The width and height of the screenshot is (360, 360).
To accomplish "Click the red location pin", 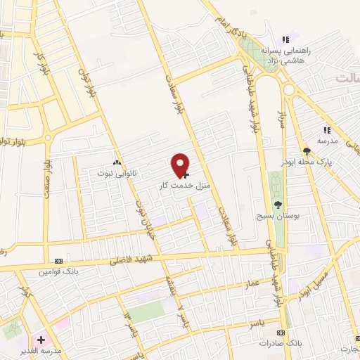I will [x=181, y=165].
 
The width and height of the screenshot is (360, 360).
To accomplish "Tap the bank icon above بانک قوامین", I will [x=68, y=260].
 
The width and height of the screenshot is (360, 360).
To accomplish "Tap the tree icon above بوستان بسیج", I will [x=278, y=204].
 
